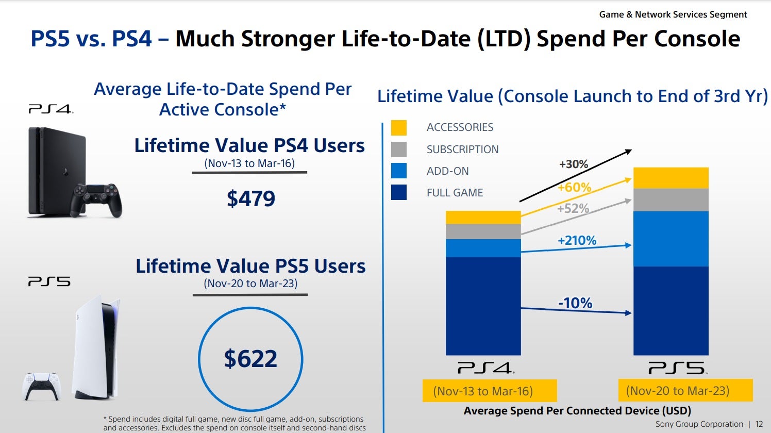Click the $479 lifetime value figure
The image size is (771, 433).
[x=251, y=199]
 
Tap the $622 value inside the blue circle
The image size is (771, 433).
[x=250, y=359]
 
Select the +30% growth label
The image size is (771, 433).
[x=574, y=164]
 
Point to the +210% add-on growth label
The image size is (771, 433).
[x=577, y=240]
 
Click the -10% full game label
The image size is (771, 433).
[x=575, y=303]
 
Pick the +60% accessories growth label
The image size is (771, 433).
[x=574, y=187]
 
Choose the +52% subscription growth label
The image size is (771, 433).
[x=573, y=208]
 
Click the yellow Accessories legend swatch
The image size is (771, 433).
[x=399, y=127]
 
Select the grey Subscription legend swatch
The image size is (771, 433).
[x=399, y=149]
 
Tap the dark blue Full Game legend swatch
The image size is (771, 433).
[x=399, y=192]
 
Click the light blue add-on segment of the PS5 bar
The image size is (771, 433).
[x=671, y=239]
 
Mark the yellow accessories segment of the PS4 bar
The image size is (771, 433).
[x=483, y=217]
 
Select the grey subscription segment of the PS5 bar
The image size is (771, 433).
[x=671, y=200]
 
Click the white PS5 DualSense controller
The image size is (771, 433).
[x=42, y=386]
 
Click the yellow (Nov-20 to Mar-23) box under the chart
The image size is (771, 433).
[x=685, y=391]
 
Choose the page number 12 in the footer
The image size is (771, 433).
[x=759, y=424]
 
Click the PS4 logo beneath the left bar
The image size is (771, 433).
[x=485, y=368]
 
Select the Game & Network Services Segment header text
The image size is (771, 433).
[x=673, y=14]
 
